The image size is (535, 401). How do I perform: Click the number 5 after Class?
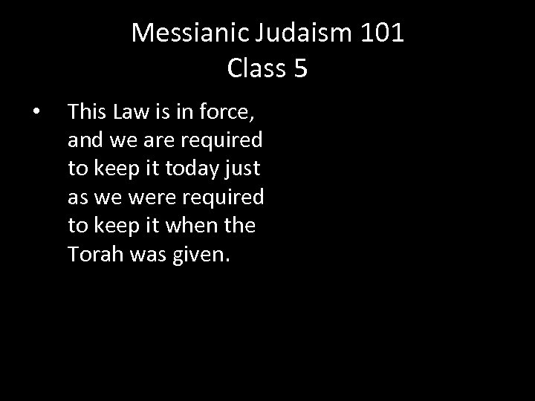(x=300, y=68)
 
